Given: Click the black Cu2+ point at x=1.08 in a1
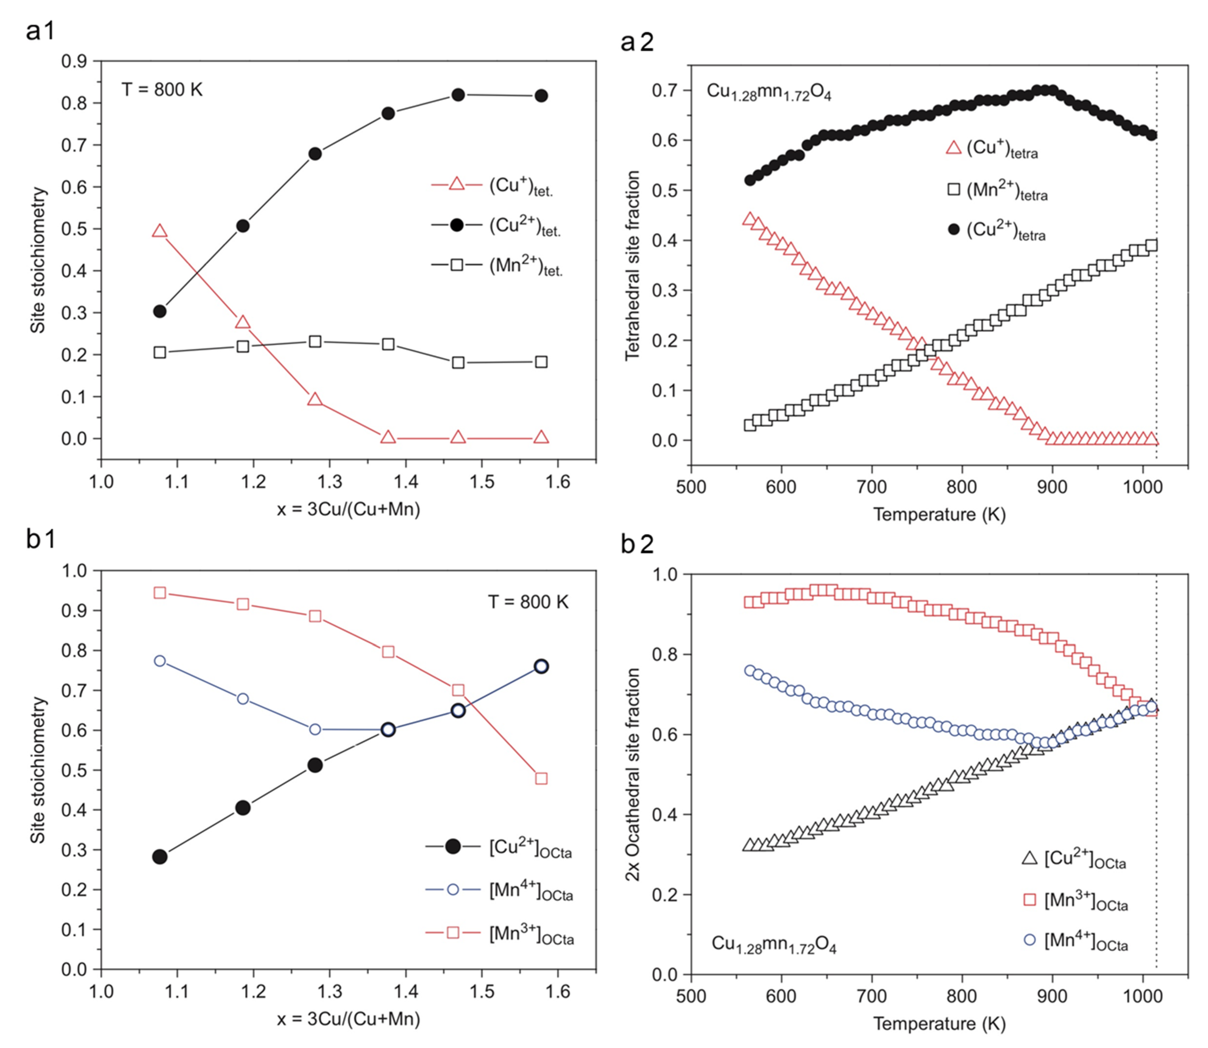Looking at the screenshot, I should (160, 311).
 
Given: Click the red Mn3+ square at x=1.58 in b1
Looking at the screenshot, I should (541, 778).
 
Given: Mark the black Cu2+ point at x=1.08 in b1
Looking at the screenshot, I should (160, 857).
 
